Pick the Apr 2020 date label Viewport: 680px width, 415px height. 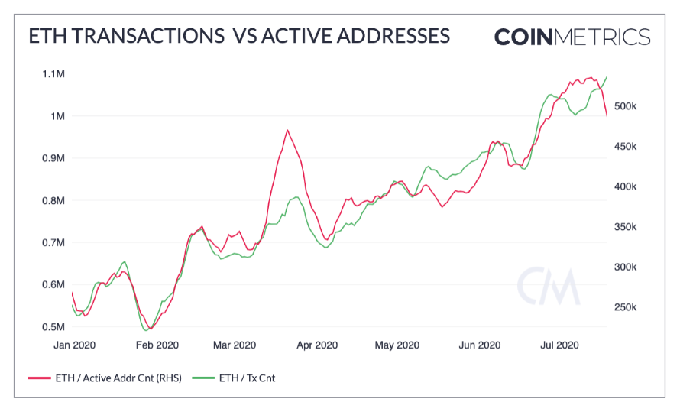coord(317,345)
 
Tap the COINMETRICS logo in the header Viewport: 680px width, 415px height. coord(572,37)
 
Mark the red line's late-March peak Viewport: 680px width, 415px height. coord(287,130)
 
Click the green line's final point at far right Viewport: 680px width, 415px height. coord(607,76)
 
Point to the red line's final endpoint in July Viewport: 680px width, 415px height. coord(607,116)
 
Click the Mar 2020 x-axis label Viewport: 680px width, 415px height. coord(235,345)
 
